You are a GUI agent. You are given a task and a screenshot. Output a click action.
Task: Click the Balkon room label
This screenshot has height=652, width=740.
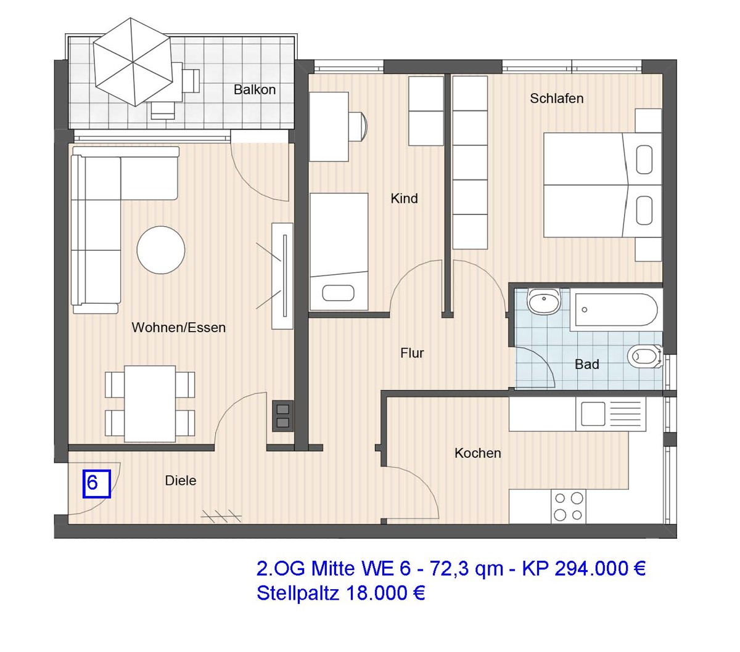click(x=254, y=90)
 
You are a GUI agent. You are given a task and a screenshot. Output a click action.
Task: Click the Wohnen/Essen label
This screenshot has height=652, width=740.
click(x=178, y=328)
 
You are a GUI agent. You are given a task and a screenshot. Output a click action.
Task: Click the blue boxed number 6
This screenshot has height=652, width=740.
click(x=96, y=483)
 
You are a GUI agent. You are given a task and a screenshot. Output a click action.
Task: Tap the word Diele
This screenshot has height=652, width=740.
click(x=181, y=481)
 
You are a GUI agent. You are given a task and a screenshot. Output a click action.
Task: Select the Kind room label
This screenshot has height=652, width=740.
click(x=404, y=198)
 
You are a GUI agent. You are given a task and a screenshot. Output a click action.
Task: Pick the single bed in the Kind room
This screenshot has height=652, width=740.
click(x=338, y=251)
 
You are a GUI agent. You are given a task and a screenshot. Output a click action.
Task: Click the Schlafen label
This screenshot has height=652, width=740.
click(x=556, y=99)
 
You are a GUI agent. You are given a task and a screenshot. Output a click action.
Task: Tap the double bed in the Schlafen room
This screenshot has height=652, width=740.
click(x=592, y=185)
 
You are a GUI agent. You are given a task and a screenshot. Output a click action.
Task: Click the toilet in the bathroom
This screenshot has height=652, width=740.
click(x=643, y=356)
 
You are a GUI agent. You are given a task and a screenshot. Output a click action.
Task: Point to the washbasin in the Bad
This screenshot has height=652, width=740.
click(x=544, y=302)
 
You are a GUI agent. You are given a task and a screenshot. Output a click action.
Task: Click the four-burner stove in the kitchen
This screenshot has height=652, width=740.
click(x=568, y=506)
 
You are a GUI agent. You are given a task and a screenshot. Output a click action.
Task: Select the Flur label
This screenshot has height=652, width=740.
click(x=412, y=353)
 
